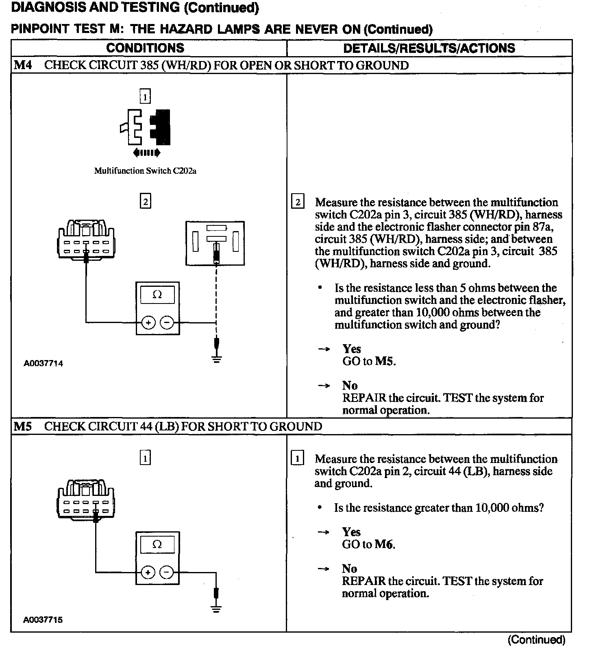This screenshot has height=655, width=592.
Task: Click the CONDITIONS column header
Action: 145,48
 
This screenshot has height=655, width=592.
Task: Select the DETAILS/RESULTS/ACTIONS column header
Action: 429,48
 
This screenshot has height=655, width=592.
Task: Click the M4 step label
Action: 23,65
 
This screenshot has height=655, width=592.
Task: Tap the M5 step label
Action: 23,426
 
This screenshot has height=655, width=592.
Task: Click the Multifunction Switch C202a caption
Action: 145,171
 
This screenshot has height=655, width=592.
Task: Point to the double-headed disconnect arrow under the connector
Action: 146,153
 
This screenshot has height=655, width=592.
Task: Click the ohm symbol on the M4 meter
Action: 157,295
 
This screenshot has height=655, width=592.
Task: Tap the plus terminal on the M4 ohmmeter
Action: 148,323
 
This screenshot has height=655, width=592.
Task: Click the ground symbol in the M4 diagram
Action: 216,359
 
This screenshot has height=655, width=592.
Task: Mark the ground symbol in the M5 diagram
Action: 216,609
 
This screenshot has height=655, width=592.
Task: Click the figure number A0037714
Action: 43,364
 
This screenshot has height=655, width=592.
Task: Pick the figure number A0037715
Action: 43,620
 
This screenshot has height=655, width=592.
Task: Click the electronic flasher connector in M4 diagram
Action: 215,243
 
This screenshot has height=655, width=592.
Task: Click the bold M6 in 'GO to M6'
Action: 384,544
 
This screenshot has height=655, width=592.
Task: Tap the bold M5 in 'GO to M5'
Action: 385,361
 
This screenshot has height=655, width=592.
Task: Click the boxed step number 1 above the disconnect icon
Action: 145,96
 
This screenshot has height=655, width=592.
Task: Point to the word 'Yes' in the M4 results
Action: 352,349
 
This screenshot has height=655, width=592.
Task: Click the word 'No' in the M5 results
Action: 349,569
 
